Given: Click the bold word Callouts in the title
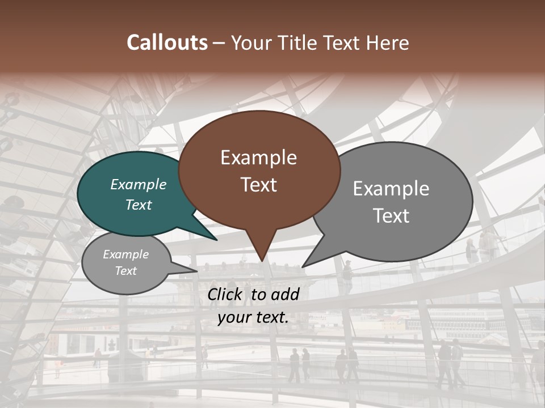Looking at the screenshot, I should coord(167,42).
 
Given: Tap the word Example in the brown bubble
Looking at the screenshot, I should coord(258,158).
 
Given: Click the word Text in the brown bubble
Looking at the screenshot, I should coord(258,185).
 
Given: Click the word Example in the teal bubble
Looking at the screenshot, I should coord(139,185).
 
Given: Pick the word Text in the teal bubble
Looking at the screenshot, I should coord(139,205).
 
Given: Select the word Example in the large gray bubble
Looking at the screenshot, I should coord(391,189).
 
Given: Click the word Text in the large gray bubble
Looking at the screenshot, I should coord(392,216).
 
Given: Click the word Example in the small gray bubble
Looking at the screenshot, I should coord(125,254).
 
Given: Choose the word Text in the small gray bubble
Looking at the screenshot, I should coord(125,271).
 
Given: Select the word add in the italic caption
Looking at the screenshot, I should coord(286,294).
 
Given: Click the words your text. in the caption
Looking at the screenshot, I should coord(253,317).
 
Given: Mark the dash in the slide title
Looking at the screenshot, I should coord(220,43).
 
